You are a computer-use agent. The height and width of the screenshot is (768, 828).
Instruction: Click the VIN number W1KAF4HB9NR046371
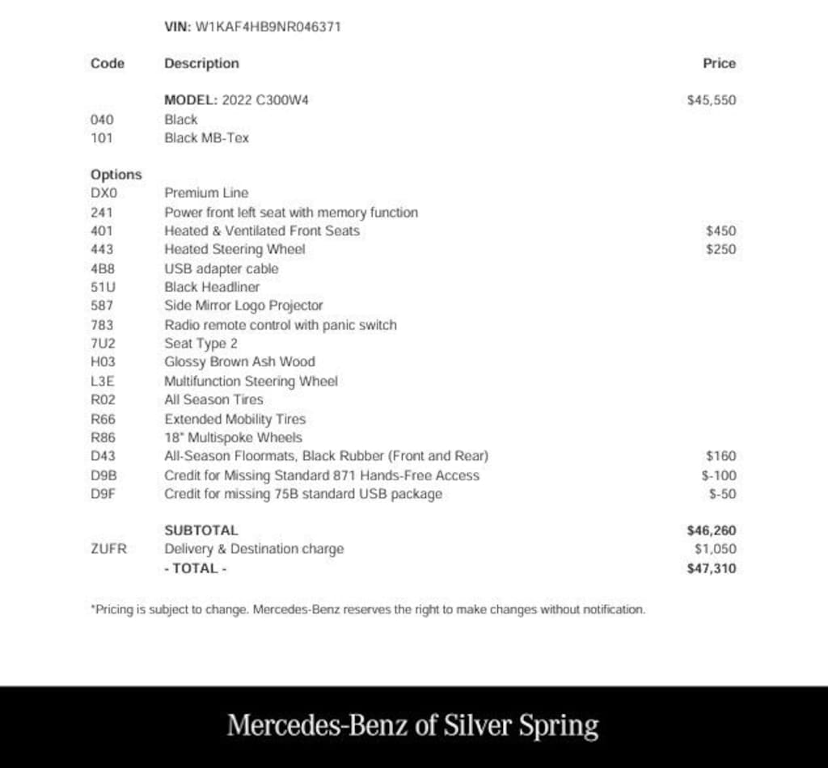pyautogui.click(x=268, y=27)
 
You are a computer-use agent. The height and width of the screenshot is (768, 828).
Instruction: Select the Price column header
pyautogui.click(x=719, y=63)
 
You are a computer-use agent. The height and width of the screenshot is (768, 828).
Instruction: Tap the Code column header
pyautogui.click(x=108, y=63)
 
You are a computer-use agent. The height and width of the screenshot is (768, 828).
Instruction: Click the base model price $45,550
pyautogui.click(x=711, y=100)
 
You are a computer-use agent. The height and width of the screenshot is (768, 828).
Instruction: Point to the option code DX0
pyautogui.click(x=104, y=193)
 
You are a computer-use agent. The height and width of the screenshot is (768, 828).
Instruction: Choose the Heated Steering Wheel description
pyautogui.click(x=234, y=249)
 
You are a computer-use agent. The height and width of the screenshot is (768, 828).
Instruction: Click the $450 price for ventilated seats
pyautogui.click(x=720, y=230)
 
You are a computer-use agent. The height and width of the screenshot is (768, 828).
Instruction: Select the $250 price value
pyautogui.click(x=720, y=249)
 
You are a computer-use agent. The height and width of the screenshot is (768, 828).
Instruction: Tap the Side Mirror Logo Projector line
pyautogui.click(x=243, y=306)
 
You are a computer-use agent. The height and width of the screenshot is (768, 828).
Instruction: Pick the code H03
pyautogui.click(x=103, y=362)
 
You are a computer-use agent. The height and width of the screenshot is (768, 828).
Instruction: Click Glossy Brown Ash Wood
pyautogui.click(x=239, y=362)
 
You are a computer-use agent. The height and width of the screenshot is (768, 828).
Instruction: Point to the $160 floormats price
pyautogui.click(x=720, y=456)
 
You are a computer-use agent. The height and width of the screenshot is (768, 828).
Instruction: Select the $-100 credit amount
pyautogui.click(x=719, y=475)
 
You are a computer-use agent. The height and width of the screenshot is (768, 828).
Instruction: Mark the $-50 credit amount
pyautogui.click(x=722, y=494)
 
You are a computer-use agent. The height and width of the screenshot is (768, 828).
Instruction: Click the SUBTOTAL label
pyautogui.click(x=201, y=530)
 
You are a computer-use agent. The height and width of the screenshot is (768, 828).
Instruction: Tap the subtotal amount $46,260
pyautogui.click(x=711, y=530)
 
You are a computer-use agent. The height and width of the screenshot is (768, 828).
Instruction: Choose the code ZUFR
pyautogui.click(x=108, y=549)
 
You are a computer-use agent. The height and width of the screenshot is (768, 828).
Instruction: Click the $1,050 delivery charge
pyautogui.click(x=715, y=549)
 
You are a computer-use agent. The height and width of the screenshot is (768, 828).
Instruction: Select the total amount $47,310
pyautogui.click(x=711, y=568)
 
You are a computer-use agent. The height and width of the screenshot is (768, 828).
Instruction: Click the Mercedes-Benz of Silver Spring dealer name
pyautogui.click(x=412, y=725)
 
